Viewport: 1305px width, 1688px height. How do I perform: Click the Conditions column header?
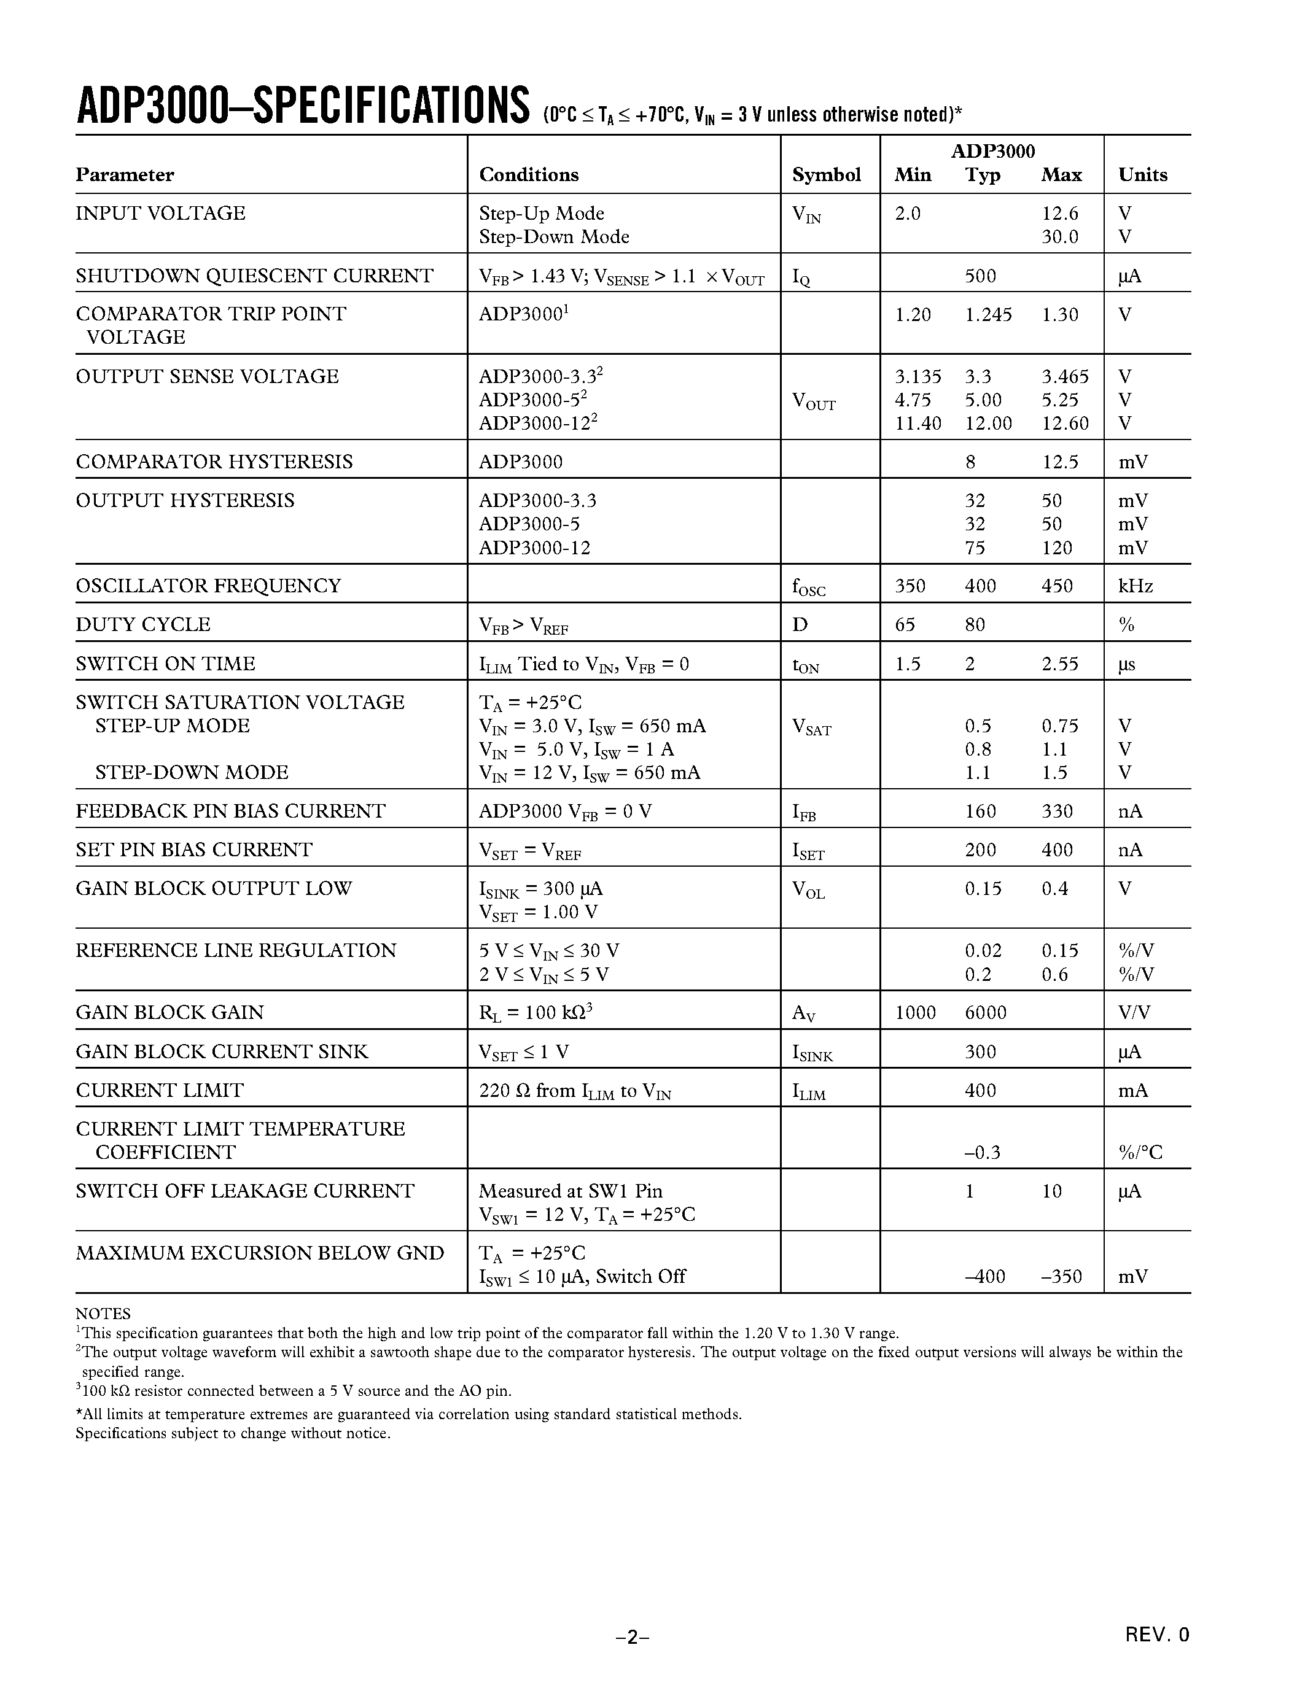[529, 175]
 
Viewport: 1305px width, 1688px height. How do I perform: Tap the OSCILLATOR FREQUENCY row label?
[208, 586]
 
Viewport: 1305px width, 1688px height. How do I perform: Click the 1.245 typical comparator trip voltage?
[988, 314]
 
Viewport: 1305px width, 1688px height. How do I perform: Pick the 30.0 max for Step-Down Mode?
[1059, 236]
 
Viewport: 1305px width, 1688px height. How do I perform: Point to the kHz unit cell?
[1135, 586]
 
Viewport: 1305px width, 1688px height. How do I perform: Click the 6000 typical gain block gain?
[985, 1012]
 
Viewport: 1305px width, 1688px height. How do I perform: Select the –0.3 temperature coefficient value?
[982, 1152]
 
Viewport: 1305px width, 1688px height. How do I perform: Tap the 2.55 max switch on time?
[1059, 664]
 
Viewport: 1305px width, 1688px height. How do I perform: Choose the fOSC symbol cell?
[809, 587]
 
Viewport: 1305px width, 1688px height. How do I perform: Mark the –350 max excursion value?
[1061, 1276]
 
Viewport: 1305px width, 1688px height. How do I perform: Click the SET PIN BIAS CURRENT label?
[193, 850]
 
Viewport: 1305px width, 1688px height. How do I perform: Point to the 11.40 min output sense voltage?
[917, 423]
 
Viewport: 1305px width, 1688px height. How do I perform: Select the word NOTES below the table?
[103, 1313]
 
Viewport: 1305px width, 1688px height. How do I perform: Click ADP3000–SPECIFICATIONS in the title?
[302, 106]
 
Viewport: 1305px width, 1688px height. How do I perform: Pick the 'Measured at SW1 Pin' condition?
[570, 1191]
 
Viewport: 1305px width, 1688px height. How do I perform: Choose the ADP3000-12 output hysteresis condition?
[534, 548]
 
